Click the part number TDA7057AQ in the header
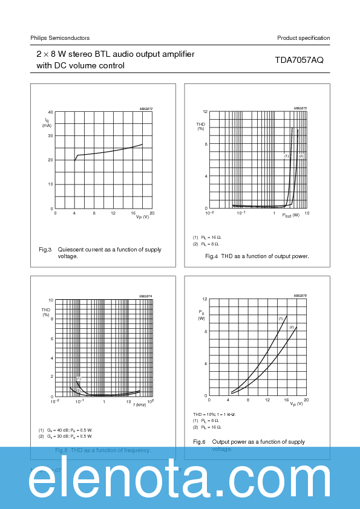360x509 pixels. pos(300,60)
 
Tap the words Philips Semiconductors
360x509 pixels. pos(60,38)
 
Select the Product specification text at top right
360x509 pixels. pos(303,38)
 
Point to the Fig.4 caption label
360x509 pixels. pos(211,256)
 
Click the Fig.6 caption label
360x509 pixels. pos(199,442)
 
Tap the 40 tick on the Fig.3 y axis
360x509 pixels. pos(50,112)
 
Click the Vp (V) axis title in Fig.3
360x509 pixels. pos(142,217)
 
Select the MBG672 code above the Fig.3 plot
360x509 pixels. pos(146,109)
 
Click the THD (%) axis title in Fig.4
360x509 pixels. pos(201,126)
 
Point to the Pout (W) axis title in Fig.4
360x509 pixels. pos(290,216)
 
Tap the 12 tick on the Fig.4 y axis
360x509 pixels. pos(205,112)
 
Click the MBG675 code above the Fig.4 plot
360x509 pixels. pos(301,109)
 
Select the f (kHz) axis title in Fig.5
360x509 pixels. pos(140,404)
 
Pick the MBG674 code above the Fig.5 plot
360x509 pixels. pos(146,296)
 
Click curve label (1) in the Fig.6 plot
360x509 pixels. pos(281,318)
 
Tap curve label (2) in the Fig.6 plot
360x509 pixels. pos(292,327)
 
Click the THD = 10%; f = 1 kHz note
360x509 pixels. pos(214,414)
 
